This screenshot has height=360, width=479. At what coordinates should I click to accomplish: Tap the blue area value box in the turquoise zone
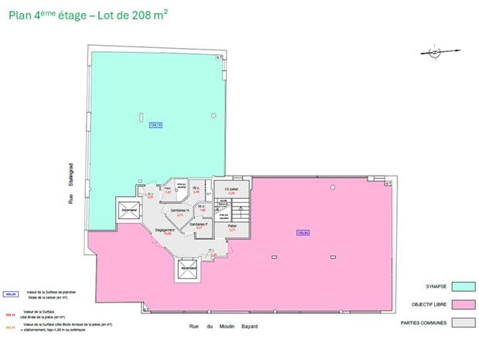(x=155, y=125)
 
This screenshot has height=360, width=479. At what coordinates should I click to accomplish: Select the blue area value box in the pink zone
(x=303, y=232)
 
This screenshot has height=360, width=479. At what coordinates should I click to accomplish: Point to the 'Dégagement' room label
(x=163, y=230)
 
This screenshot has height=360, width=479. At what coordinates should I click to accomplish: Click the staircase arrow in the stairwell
(x=240, y=211)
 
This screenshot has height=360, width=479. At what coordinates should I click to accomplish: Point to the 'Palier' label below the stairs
(x=231, y=227)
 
